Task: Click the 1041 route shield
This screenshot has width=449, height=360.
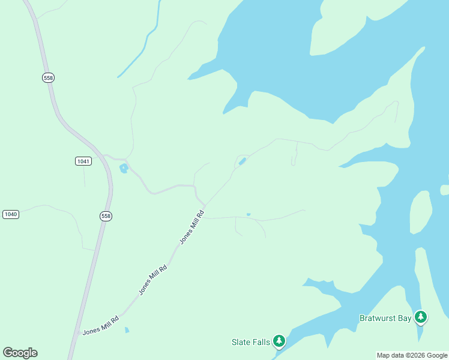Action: click(x=83, y=161)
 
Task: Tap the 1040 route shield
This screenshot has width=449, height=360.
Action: click(x=11, y=214)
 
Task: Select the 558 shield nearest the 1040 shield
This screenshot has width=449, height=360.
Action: click(x=106, y=216)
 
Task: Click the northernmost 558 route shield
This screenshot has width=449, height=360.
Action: click(x=49, y=77)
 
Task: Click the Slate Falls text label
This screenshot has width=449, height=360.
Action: click(x=250, y=342)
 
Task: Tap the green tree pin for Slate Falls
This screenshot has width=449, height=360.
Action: click(x=279, y=341)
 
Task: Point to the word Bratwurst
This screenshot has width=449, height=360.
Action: click(x=378, y=318)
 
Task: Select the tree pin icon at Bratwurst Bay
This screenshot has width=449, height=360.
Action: click(x=421, y=316)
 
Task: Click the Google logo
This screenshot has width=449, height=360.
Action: click(x=20, y=352)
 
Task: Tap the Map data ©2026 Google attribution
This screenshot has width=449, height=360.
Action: click(x=412, y=355)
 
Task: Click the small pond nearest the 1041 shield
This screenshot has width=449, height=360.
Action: click(x=124, y=168)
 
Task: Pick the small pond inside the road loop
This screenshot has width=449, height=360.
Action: click(x=242, y=161)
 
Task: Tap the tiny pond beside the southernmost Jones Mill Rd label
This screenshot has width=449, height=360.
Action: click(x=126, y=329)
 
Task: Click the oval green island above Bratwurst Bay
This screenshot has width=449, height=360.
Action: click(x=420, y=212)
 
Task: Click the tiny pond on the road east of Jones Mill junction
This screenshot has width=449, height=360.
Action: click(x=248, y=214)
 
